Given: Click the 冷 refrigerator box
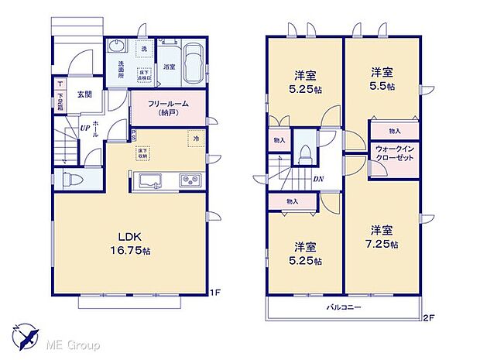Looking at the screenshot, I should pos(197,139).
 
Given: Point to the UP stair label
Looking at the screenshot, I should pos(84,129).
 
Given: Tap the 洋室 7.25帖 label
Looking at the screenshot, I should pos(381,237).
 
